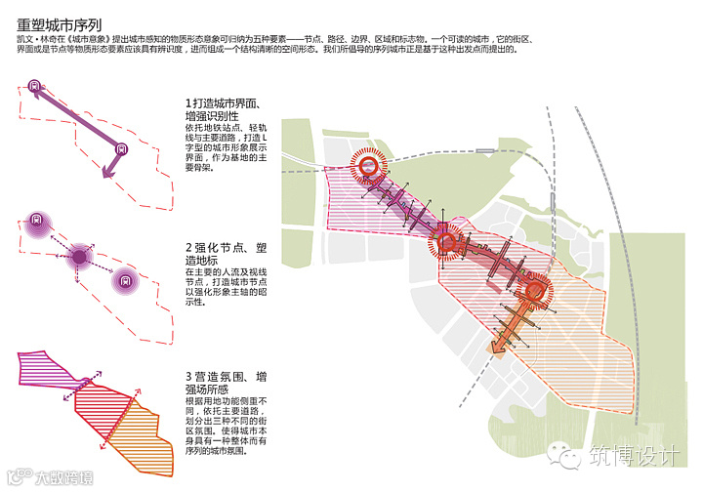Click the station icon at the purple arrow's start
(x=37, y=85)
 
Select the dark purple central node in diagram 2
(x=78, y=258)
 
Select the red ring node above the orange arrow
(x=533, y=292)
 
